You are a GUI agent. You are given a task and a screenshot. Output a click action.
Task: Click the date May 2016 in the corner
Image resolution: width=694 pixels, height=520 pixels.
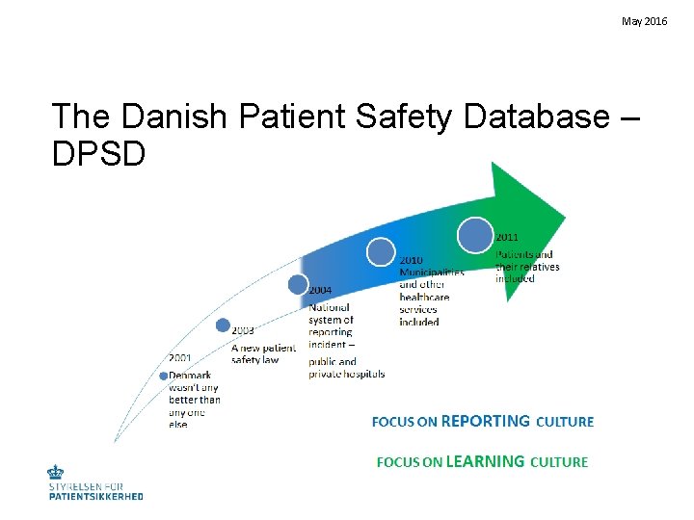tap(644, 20)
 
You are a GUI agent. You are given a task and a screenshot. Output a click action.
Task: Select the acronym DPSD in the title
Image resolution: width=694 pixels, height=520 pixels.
tap(99, 152)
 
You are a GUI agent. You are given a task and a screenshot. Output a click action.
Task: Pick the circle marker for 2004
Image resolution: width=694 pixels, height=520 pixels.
tap(297, 284)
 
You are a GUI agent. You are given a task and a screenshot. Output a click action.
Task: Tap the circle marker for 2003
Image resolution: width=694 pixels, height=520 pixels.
tap(223, 325)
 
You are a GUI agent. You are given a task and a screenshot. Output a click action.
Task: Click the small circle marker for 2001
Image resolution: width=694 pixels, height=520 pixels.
tap(164, 376)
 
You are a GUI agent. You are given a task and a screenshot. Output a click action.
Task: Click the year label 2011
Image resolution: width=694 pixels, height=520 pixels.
tap(508, 237)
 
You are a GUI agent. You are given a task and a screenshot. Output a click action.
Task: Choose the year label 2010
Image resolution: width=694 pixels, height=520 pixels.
tap(412, 260)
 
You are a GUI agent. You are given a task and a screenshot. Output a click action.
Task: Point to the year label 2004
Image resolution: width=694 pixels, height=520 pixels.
tap(321, 290)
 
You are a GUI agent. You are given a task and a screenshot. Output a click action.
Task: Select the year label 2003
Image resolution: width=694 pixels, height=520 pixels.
tap(244, 330)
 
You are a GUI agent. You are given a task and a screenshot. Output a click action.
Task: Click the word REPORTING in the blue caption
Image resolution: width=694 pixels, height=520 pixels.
tap(485, 421)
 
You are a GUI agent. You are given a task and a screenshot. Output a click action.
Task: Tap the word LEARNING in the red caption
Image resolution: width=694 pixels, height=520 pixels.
tap(486, 461)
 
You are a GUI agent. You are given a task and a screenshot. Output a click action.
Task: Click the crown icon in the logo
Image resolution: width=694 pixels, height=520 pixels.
tap(56, 474)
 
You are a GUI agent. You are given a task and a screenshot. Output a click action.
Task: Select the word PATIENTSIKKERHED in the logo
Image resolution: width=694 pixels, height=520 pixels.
tap(95, 496)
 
